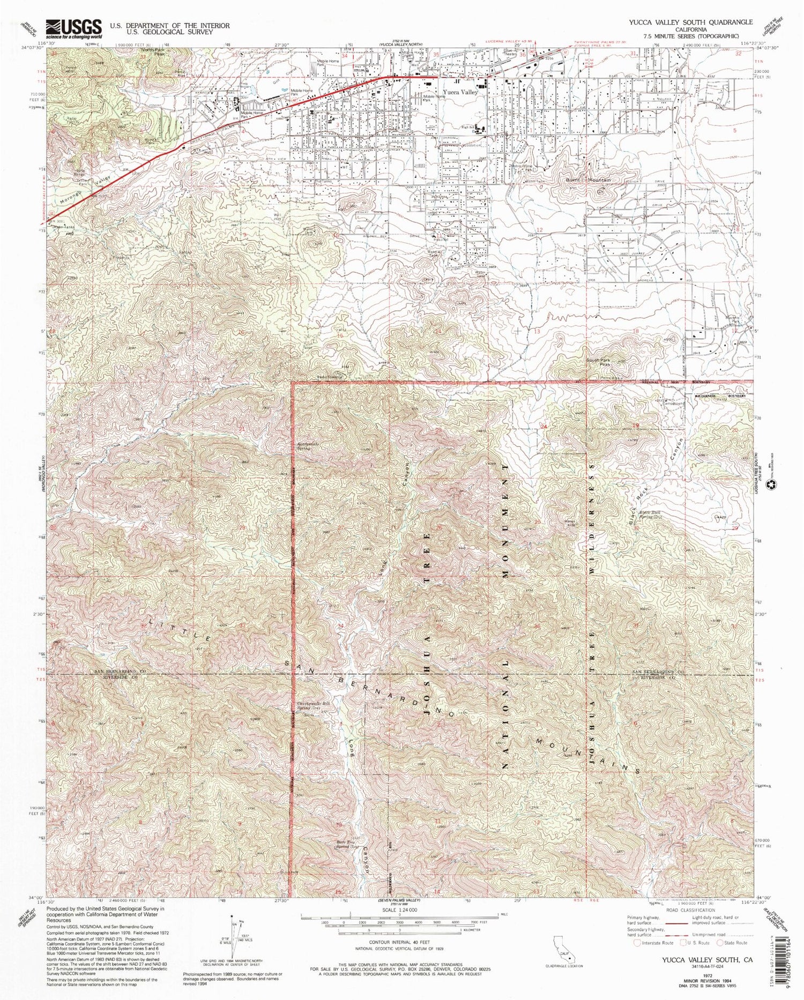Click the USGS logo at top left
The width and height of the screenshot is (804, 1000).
[x=74, y=28]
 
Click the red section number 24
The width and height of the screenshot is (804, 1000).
[x=545, y=427]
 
